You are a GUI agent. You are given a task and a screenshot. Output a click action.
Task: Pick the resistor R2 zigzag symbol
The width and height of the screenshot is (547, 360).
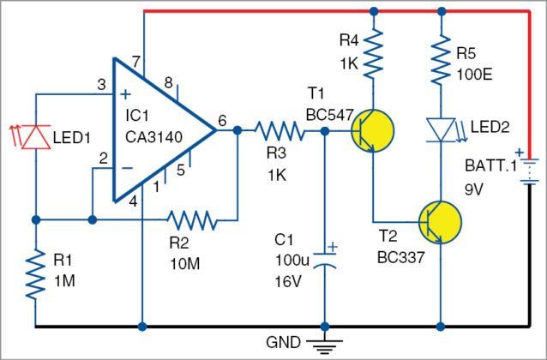(x=193, y=220)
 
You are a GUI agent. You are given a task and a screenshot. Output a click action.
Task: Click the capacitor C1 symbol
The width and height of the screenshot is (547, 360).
(x=324, y=260)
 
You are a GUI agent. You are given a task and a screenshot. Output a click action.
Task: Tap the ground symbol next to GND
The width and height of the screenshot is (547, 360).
(x=324, y=345)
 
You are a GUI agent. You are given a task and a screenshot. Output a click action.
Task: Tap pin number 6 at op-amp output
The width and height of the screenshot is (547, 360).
(x=222, y=122)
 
